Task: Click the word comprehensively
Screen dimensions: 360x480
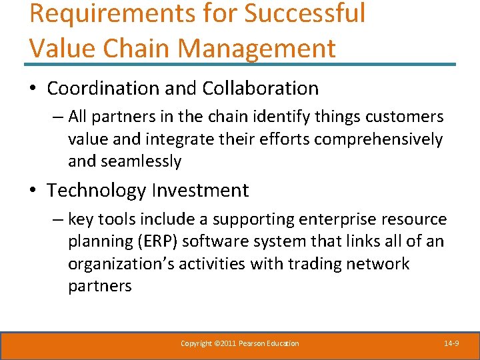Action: tap(378, 139)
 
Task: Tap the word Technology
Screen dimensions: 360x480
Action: tap(96, 190)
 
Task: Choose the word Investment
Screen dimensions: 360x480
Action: tap(200, 190)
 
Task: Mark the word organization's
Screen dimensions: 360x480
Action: tap(112, 263)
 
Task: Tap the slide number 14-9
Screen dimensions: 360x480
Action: tap(451, 343)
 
